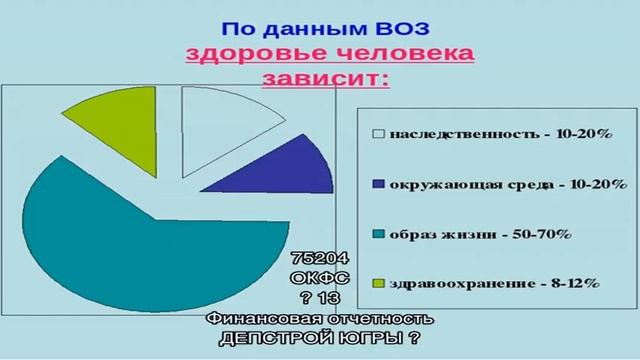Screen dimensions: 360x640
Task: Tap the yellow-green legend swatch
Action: point(378,283)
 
